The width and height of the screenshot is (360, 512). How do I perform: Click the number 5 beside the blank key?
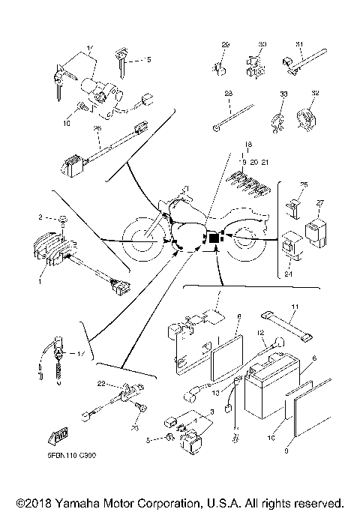(x=149, y=58)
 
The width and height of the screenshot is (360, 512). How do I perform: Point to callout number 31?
(x=298, y=44)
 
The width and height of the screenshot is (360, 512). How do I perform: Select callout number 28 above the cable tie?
(x=227, y=93)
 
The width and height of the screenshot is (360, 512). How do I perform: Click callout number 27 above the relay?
(x=320, y=203)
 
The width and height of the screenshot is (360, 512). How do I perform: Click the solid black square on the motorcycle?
(x=214, y=238)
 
